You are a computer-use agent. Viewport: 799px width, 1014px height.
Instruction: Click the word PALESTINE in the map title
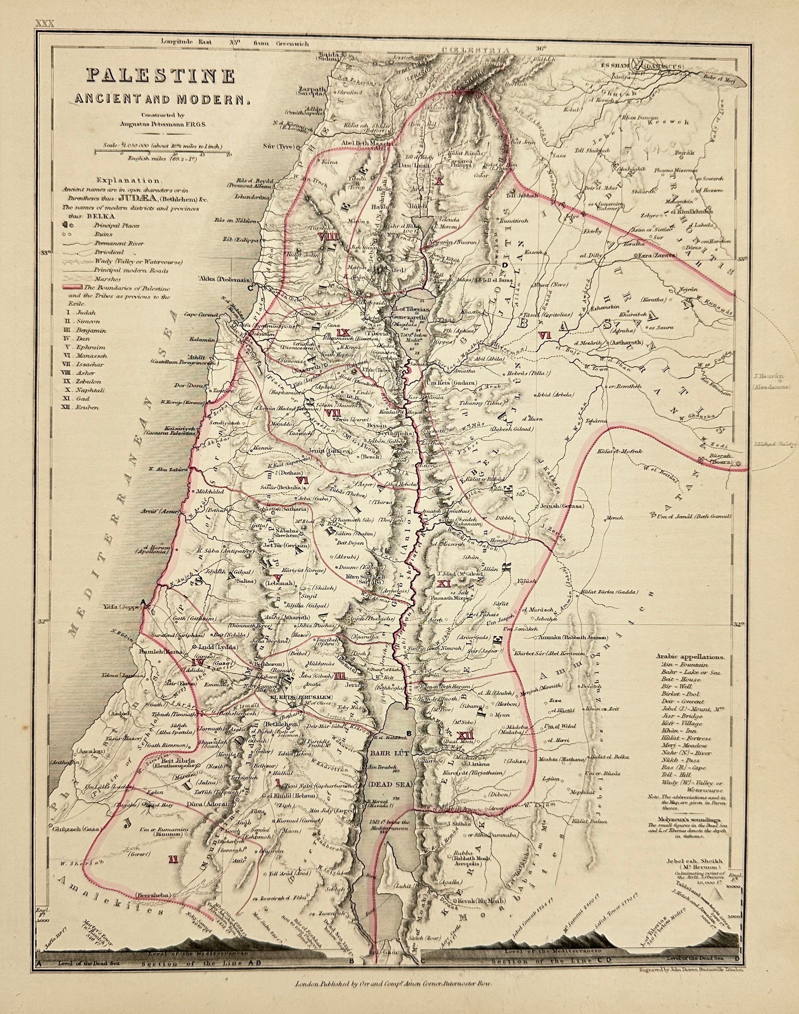pyautogui.click(x=161, y=76)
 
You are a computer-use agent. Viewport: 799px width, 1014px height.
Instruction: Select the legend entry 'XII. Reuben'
pyautogui.click(x=82, y=408)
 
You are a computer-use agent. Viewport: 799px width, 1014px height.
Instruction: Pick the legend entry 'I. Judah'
pyautogui.click(x=79, y=313)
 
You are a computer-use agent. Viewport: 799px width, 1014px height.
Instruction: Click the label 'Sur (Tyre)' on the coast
pyautogui.click(x=280, y=147)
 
